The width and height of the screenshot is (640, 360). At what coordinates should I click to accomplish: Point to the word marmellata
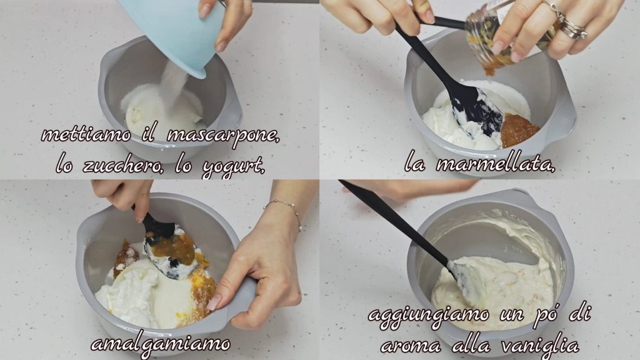tap(496, 164)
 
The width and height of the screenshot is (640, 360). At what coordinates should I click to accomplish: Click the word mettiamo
tap(86, 135)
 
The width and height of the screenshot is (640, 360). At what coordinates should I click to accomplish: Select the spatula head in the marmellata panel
tap(477, 109)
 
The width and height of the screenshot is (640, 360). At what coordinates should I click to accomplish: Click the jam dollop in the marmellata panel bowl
tap(518, 131)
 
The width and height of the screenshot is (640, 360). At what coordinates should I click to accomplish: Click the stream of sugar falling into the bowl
tap(174, 85)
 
